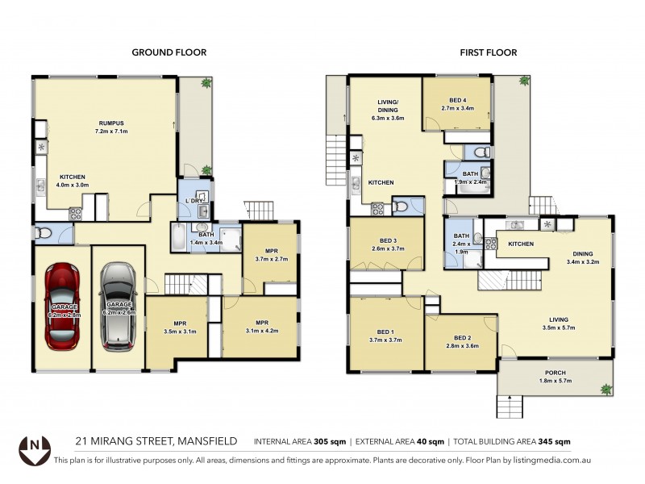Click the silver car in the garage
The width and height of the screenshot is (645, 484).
click(x=118, y=307)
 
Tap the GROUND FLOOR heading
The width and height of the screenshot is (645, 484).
click(x=169, y=52)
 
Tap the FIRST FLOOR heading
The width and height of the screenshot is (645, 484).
click(x=488, y=52)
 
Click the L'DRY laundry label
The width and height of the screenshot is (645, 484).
click(x=193, y=200)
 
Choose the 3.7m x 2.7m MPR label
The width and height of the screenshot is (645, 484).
click(x=270, y=255)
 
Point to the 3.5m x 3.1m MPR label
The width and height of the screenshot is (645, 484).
click(x=175, y=327)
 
